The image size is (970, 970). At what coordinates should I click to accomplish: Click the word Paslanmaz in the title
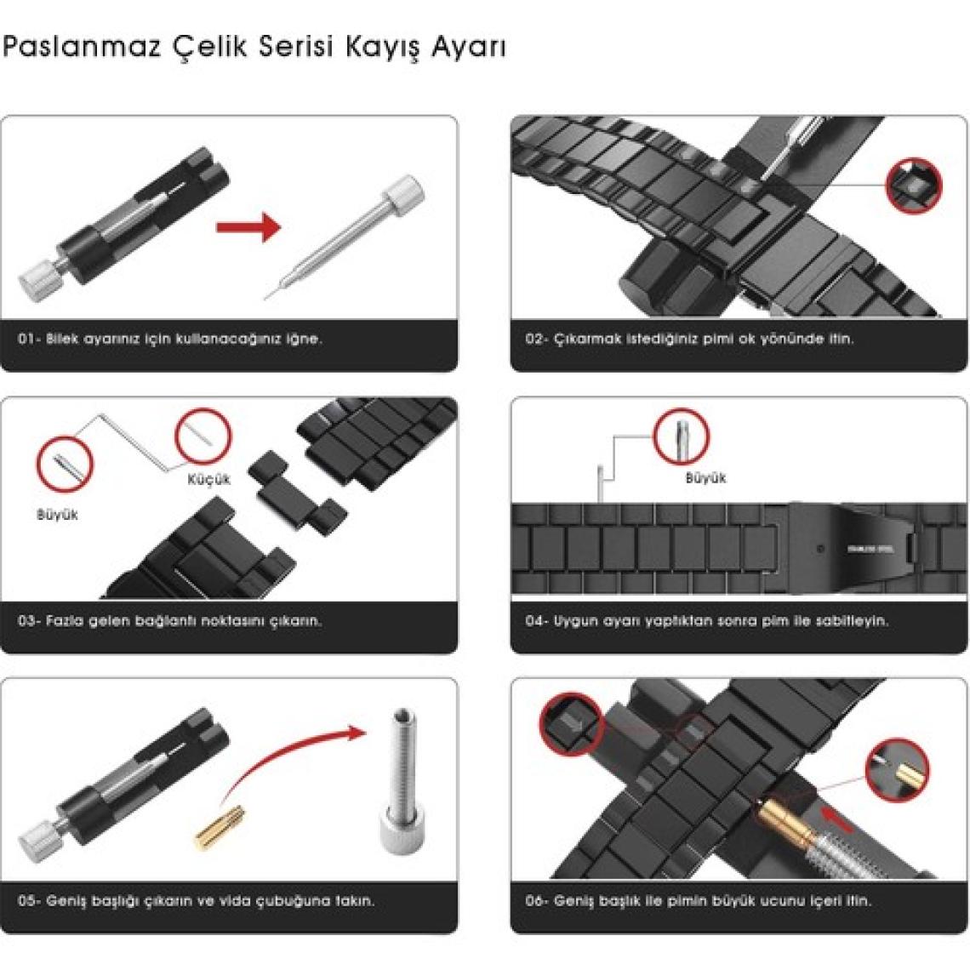coord(82,47)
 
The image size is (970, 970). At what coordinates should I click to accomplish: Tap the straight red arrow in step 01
coord(248,227)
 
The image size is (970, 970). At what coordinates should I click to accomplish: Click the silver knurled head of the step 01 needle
coord(404,191)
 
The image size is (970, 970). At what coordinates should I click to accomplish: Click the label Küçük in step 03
coord(209,479)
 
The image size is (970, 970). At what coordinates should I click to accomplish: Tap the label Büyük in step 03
coord(58,514)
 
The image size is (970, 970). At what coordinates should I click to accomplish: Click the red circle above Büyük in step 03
coord(65,464)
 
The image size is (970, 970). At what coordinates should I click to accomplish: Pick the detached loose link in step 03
coord(297,492)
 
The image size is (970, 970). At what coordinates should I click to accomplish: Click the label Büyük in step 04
coord(705,477)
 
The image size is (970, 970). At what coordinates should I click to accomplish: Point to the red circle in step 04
coord(681,436)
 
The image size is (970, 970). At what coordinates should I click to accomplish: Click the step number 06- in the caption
coord(536,901)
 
